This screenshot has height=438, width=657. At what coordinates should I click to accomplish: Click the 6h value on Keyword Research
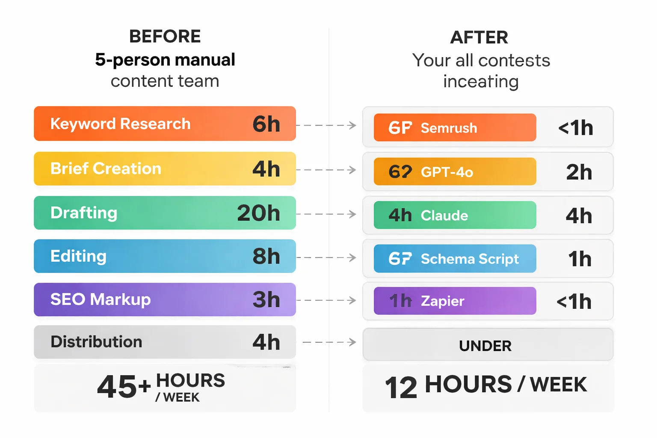click(266, 124)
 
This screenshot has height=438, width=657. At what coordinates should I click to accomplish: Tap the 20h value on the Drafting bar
click(258, 213)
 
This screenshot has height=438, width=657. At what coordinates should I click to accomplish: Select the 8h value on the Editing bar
click(266, 256)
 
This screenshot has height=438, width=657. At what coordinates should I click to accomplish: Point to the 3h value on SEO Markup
click(266, 299)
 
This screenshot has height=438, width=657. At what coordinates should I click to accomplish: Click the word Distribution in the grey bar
click(96, 342)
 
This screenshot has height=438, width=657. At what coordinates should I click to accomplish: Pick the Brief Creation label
click(106, 169)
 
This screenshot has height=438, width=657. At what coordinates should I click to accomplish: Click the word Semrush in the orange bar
click(449, 128)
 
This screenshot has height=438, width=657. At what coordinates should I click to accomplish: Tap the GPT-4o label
click(447, 172)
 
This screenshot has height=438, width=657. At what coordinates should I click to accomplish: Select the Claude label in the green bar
click(444, 216)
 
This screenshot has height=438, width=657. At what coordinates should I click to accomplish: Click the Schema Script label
click(470, 259)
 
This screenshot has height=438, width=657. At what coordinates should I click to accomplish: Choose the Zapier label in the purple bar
click(442, 301)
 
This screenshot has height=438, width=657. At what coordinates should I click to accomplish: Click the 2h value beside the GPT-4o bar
click(579, 172)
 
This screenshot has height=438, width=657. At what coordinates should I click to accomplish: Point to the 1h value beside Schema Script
click(580, 259)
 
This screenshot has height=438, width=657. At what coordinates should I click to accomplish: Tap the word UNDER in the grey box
click(485, 346)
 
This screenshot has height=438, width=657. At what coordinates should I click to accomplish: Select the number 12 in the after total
click(401, 388)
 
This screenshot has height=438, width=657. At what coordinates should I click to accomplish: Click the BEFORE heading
click(165, 37)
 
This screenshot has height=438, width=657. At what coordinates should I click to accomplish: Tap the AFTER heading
click(479, 38)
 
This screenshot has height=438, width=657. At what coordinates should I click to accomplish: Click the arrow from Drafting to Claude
click(326, 214)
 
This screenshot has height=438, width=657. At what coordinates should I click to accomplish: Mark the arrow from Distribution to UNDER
click(329, 342)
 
